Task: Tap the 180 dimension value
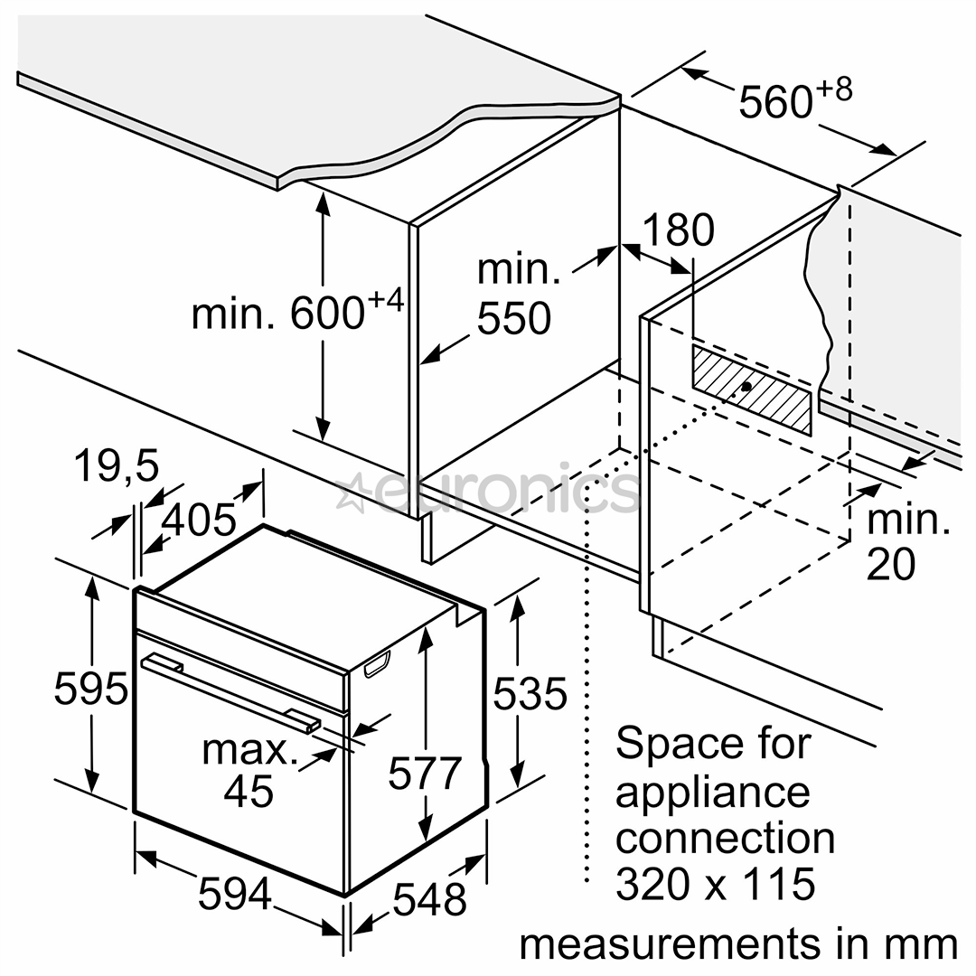(678, 230)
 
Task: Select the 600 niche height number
(327, 313)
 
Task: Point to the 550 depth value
(514, 318)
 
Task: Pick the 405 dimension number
(199, 520)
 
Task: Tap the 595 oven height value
(91, 689)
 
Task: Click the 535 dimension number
(530, 693)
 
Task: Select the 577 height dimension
(425, 773)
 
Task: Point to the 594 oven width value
(235, 894)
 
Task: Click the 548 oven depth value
(430, 899)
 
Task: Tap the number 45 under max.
(249, 791)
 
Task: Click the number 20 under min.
(891, 564)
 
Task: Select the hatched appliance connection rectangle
(751, 389)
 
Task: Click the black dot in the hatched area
(746, 387)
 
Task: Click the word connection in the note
(725, 839)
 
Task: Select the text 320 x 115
(715, 883)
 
